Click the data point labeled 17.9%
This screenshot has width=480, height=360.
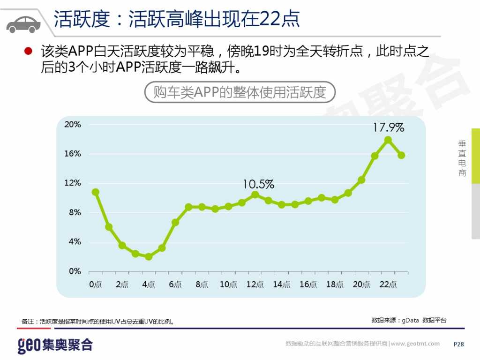[388, 140]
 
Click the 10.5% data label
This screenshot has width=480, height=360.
[258, 184]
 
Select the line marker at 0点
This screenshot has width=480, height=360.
[96, 192]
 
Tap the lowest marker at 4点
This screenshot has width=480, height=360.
[149, 256]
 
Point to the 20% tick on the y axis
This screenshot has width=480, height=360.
[73, 125]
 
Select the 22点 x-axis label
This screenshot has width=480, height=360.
[388, 285]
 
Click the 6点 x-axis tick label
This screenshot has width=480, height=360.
[175, 285]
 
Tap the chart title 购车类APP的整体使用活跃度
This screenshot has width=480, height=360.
[239, 92]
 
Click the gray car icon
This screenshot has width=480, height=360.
[23, 23]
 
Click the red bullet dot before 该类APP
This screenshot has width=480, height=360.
[28, 51]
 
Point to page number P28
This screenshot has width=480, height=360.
[458, 344]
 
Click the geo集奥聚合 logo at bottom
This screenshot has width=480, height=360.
[55, 345]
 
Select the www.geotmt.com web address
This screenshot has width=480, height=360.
[415, 344]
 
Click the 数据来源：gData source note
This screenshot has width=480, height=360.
[409, 320]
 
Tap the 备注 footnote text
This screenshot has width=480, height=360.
[98, 322]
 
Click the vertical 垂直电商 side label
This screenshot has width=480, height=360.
[462, 158]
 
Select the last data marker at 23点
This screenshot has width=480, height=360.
[401, 155]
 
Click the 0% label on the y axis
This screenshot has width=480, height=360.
[75, 271]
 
